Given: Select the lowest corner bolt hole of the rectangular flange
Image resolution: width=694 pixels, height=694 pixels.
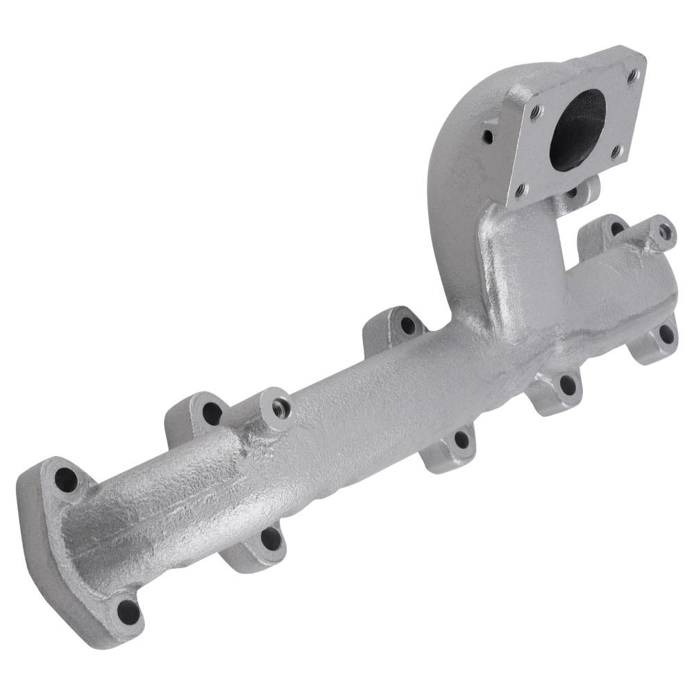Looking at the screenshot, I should point(520,189).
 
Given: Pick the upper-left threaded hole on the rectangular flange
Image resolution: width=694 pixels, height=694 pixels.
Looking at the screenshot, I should point(536,110).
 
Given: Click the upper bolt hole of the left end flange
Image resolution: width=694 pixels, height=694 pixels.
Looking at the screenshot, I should point(67,477).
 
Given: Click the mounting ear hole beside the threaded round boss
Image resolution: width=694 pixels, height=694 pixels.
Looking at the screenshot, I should point(212,414).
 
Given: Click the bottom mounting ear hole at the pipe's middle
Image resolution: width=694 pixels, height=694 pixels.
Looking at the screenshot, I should point(459,439).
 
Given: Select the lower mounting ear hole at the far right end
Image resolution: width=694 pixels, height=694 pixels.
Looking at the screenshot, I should point(666,335).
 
